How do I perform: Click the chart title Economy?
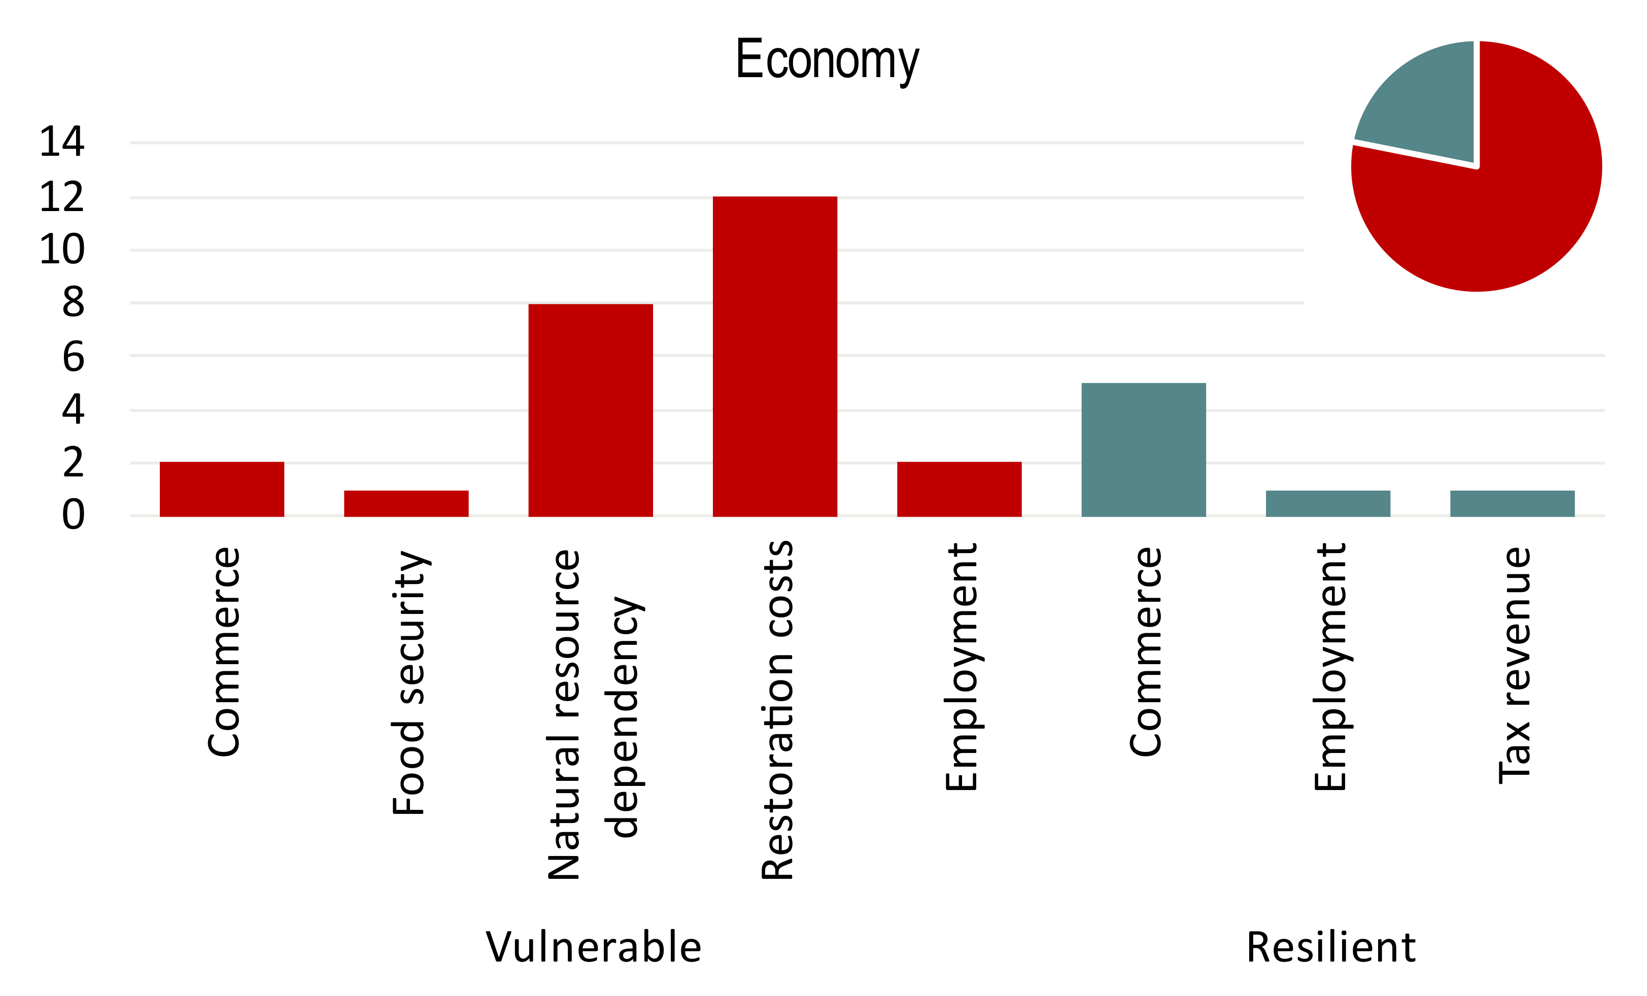827,60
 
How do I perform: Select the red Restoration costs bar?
775,356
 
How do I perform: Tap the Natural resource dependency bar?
590,410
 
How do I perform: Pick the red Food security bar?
406,503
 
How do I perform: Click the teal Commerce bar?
1143,449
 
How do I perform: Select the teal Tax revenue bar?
1512,503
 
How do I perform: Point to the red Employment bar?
958,489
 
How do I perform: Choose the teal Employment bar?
1327,503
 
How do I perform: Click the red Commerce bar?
221,489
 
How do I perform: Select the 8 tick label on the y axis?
73,302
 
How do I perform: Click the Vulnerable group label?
594,947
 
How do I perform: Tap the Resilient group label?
1330,947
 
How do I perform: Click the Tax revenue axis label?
1515,665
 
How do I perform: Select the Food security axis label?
408,682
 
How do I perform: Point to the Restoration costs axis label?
777,710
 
